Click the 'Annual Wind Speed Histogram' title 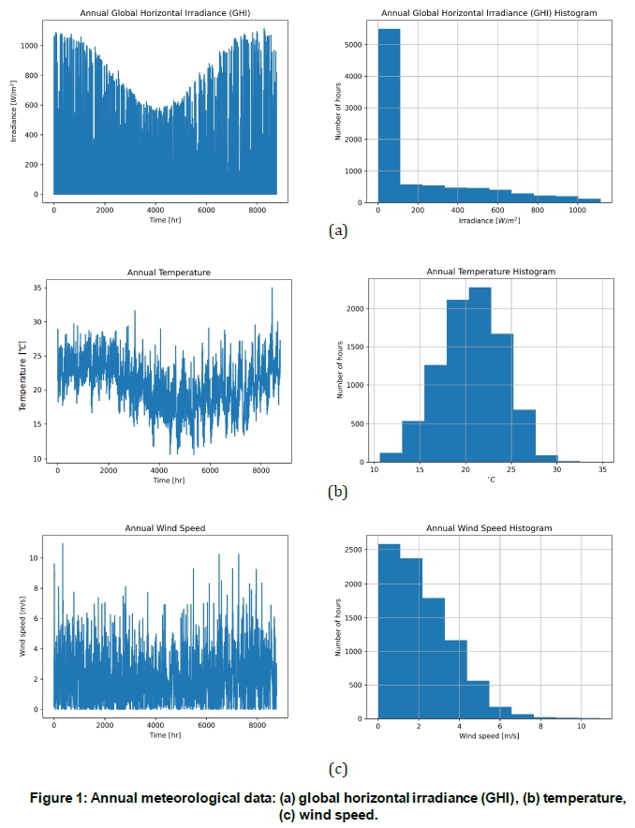(x=490, y=528)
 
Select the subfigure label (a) (x=338, y=230)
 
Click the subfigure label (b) (x=338, y=491)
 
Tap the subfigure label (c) (x=338, y=770)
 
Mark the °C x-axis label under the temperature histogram (x=490, y=481)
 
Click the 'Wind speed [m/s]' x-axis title (x=490, y=737)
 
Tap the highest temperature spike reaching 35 (x=272, y=289)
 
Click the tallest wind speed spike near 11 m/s (x=63, y=544)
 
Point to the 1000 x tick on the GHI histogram (x=582, y=212)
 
